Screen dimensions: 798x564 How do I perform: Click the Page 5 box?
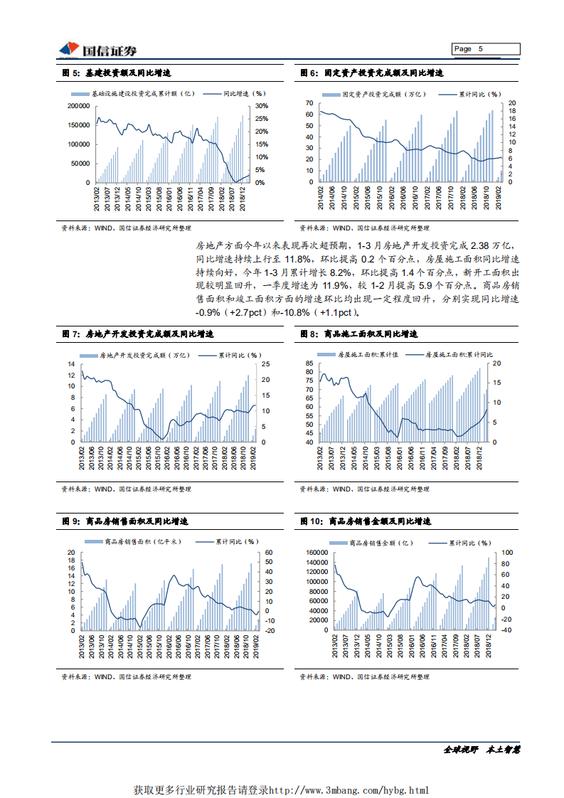click(x=486, y=49)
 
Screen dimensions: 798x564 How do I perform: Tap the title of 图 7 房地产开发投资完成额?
click(x=139, y=334)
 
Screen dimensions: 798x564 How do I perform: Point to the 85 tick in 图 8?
click(x=309, y=363)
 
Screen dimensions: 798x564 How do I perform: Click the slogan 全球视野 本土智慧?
click(x=482, y=750)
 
